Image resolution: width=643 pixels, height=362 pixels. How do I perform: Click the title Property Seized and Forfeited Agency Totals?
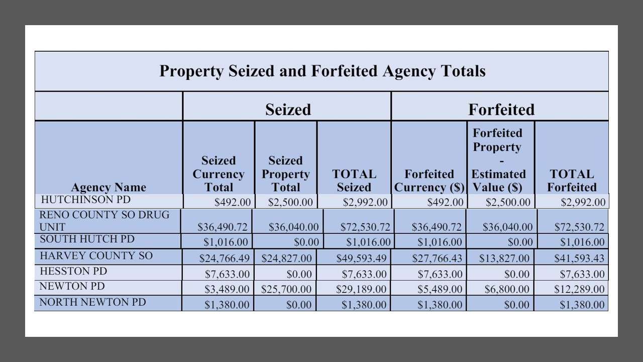pyautogui.click(x=322, y=71)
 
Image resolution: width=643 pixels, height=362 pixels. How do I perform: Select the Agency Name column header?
pyautogui.click(x=109, y=187)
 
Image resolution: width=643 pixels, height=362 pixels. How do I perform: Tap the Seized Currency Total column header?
pyautogui.click(x=219, y=174)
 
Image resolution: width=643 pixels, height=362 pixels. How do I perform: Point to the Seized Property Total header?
pyautogui.click(x=285, y=174)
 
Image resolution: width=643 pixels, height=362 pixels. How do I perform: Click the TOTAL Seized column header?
pyautogui.click(x=354, y=180)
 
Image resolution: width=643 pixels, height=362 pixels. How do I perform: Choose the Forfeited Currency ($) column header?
pyautogui.click(x=429, y=180)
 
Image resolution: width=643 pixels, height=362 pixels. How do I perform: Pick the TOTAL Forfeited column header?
pyautogui.click(x=572, y=180)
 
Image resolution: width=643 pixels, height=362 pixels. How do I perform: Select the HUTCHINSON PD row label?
pyautogui.click(x=85, y=200)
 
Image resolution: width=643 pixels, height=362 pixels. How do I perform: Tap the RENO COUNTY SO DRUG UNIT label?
pyautogui.click(x=104, y=221)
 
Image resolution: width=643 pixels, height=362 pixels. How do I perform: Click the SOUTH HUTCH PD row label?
pyautogui.click(x=87, y=239)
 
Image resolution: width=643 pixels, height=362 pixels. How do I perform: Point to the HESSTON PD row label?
pyautogui.click(x=73, y=271)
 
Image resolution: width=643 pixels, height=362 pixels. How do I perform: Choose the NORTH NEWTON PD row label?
pyautogui.click(x=92, y=302)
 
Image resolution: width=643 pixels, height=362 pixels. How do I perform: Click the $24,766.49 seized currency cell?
pyautogui.click(x=224, y=258)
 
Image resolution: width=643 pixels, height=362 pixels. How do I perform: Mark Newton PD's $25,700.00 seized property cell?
pyautogui.click(x=286, y=290)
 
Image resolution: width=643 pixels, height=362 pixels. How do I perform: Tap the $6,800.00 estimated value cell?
pyautogui.click(x=507, y=290)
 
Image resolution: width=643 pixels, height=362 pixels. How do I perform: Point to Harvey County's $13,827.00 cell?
pyautogui.click(x=507, y=258)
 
